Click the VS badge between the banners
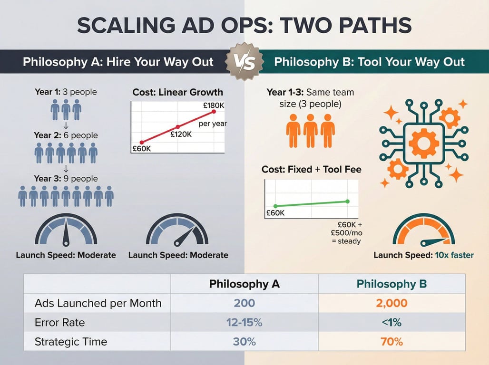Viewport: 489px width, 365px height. pyautogui.click(x=244, y=62)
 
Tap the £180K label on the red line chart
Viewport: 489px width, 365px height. pyautogui.click(x=214, y=106)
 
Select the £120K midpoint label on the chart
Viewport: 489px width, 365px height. pyautogui.click(x=181, y=134)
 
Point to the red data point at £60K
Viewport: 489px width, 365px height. pyautogui.click(x=142, y=143)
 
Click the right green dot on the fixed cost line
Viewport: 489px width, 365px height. pyautogui.click(x=348, y=202)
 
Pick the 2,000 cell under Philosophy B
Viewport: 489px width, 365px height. pyautogui.click(x=391, y=303)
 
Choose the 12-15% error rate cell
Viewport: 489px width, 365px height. pyautogui.click(x=244, y=322)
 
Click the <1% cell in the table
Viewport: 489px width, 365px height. pyautogui.click(x=391, y=322)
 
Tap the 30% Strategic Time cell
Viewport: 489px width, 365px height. pyautogui.click(x=244, y=342)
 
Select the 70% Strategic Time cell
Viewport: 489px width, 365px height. pyautogui.click(x=391, y=342)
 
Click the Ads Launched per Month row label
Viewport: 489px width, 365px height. pyautogui.click(x=98, y=303)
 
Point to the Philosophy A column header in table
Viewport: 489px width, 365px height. pyautogui.click(x=244, y=284)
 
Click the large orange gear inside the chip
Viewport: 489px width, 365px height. pyautogui.click(x=424, y=143)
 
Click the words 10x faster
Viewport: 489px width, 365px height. pyautogui.click(x=454, y=255)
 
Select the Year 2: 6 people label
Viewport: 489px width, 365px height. pyautogui.click(x=66, y=135)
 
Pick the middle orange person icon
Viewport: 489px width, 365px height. pyautogui.click(x=310, y=131)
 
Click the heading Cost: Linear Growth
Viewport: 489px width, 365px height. pyautogui.click(x=178, y=92)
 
